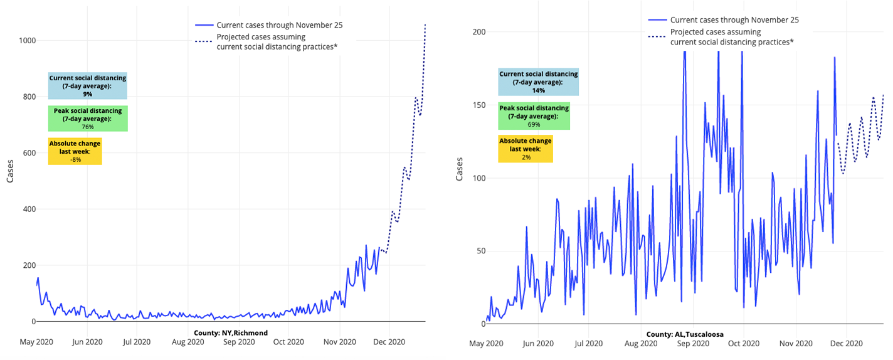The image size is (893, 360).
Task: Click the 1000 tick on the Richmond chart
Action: tap(26, 41)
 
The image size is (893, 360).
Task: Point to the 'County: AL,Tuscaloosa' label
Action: tap(685, 334)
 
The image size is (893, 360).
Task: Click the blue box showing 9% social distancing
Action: tap(88, 86)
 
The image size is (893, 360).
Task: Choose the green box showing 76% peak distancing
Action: tap(88, 119)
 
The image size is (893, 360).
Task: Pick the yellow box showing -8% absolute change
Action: tap(75, 151)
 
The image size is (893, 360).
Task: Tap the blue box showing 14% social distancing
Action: tap(538, 82)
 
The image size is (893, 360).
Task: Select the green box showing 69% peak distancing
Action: tap(534, 116)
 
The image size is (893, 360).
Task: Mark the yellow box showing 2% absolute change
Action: tap(526, 149)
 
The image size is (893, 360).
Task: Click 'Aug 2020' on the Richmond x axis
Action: tap(188, 342)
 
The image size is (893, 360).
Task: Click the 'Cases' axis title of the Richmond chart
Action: tap(10, 169)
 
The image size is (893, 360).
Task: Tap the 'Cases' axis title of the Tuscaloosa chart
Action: tap(459, 168)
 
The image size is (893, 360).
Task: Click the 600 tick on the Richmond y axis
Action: tap(28, 153)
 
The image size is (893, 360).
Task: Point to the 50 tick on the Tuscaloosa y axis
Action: tap(480, 251)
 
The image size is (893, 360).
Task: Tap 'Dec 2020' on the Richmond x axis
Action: tap(389, 342)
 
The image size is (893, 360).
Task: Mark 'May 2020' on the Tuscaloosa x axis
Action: tap(486, 344)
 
